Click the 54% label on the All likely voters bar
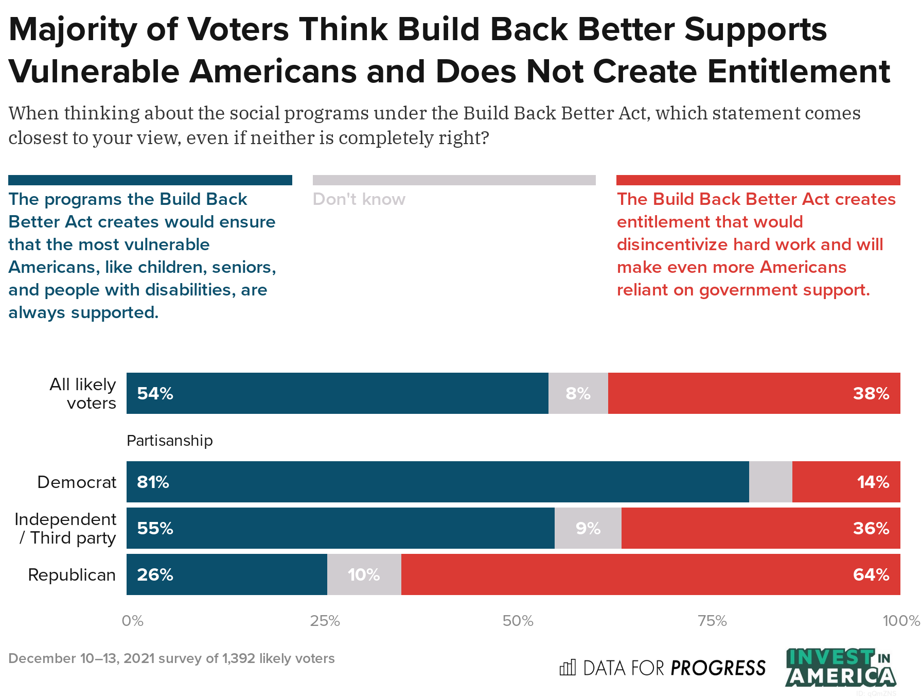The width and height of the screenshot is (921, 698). click(155, 394)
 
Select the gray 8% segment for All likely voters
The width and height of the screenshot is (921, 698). click(578, 394)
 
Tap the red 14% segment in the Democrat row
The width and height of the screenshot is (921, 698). click(846, 482)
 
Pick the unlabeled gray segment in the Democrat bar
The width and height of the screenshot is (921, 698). click(770, 482)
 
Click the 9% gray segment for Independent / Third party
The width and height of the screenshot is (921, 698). click(588, 529)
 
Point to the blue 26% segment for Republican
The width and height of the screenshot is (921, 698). click(226, 575)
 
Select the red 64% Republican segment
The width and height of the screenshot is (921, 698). click(650, 575)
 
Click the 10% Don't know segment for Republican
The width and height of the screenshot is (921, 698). click(364, 575)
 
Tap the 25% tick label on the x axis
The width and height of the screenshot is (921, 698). click(325, 621)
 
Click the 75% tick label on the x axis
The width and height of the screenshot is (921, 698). click(712, 621)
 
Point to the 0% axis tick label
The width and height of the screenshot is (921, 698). click(132, 621)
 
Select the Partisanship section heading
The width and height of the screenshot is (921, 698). click(169, 441)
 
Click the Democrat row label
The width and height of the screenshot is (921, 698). click(77, 482)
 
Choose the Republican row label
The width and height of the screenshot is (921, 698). click(72, 575)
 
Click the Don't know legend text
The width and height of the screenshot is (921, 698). click(359, 199)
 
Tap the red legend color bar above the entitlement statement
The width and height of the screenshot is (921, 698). click(758, 180)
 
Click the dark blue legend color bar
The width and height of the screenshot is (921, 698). click(150, 180)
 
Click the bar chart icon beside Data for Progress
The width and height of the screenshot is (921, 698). click(568, 668)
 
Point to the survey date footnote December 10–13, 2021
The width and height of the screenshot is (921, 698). click(171, 659)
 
